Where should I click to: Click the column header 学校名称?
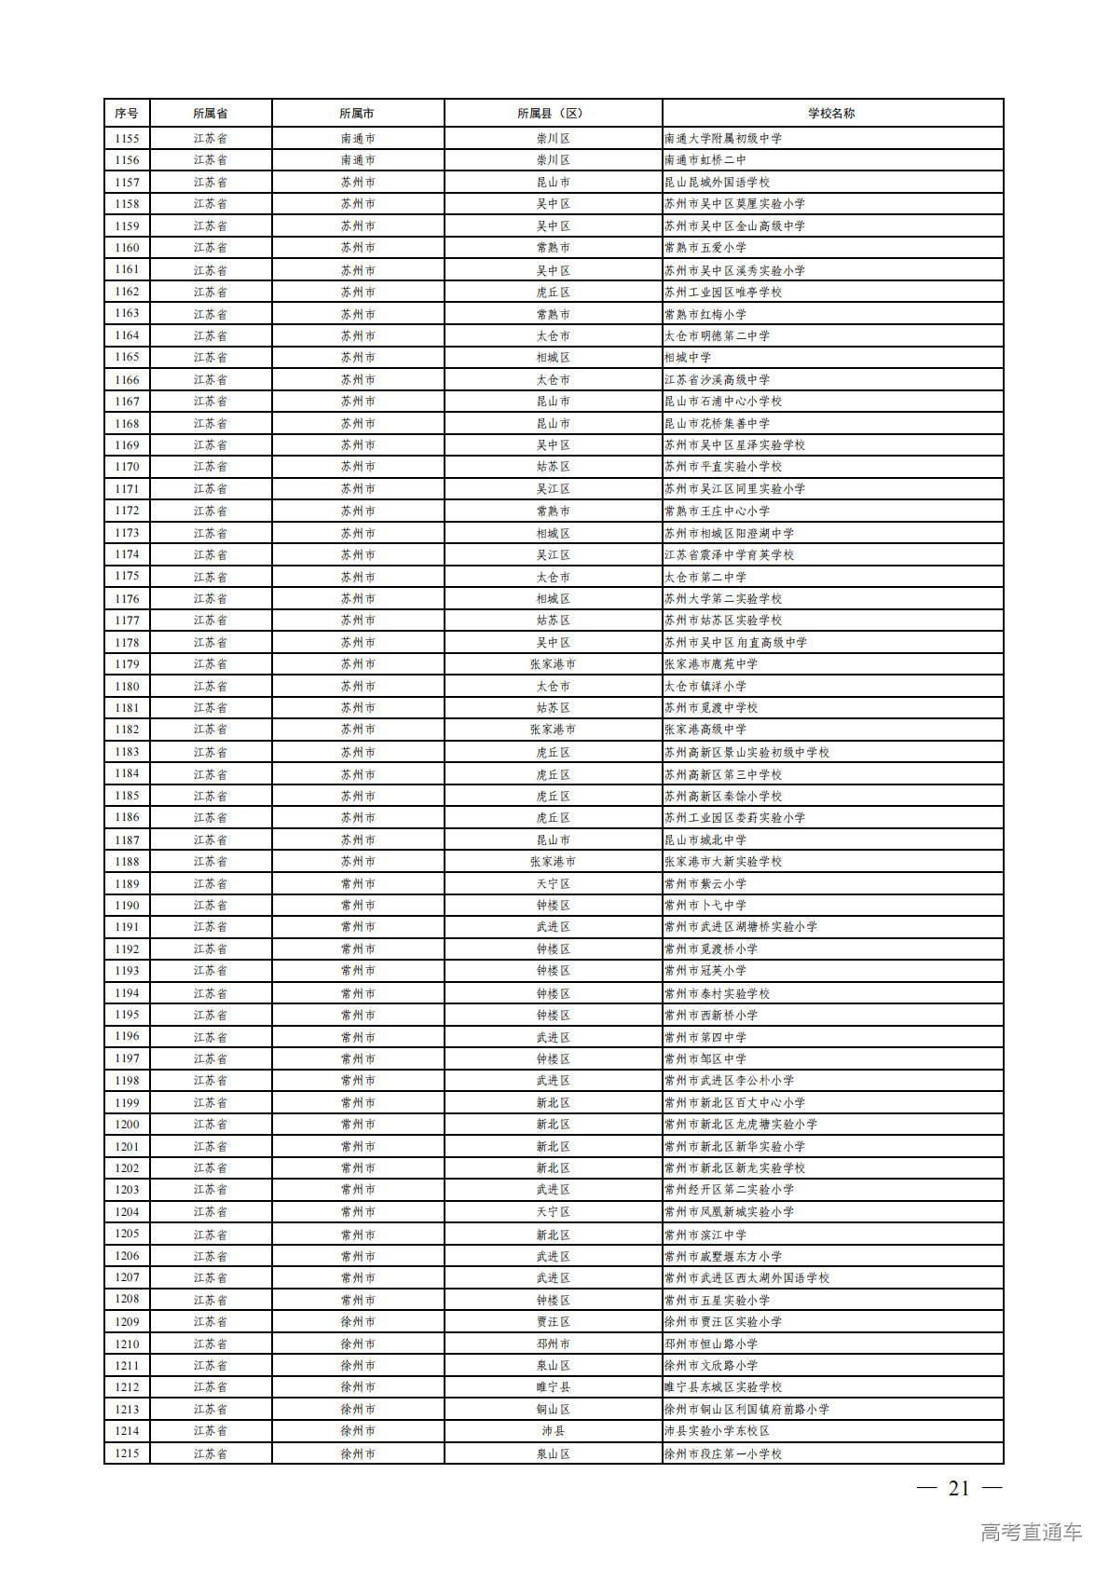(x=831, y=114)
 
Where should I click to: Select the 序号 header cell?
(x=127, y=114)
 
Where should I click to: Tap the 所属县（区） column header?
(x=553, y=114)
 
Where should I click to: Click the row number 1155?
(x=127, y=139)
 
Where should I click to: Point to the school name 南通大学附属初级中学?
(x=723, y=139)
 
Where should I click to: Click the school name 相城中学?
(x=688, y=358)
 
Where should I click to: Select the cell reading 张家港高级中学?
(x=705, y=730)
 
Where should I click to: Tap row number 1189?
(x=127, y=883)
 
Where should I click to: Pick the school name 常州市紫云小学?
(x=705, y=883)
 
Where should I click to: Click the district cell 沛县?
(x=553, y=1431)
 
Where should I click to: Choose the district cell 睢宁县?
(x=553, y=1387)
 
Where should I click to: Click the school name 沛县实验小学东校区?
(x=718, y=1431)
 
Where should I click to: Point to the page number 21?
(x=959, y=1489)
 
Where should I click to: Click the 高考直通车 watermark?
(x=1031, y=1532)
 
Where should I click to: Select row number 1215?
(x=127, y=1453)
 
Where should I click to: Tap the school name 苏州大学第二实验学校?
(x=723, y=599)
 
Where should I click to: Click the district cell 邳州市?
(x=553, y=1344)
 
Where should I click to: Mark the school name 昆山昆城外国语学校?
(x=718, y=183)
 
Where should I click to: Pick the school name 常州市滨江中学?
(x=705, y=1235)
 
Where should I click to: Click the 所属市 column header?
(x=358, y=114)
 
